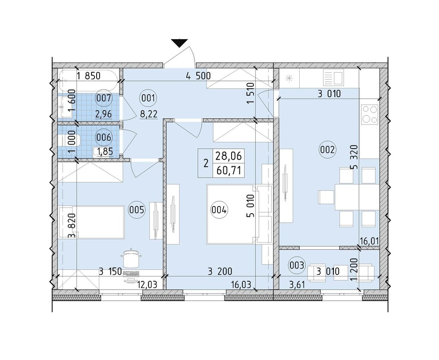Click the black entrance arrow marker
(179, 43)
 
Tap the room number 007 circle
(104, 98)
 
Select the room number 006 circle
(104, 138)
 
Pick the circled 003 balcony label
(297, 265)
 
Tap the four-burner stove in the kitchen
(370, 114)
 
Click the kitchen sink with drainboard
(333, 78)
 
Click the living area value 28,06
(228, 156)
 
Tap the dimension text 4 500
(198, 76)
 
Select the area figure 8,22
(149, 114)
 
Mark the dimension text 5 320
(355, 157)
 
